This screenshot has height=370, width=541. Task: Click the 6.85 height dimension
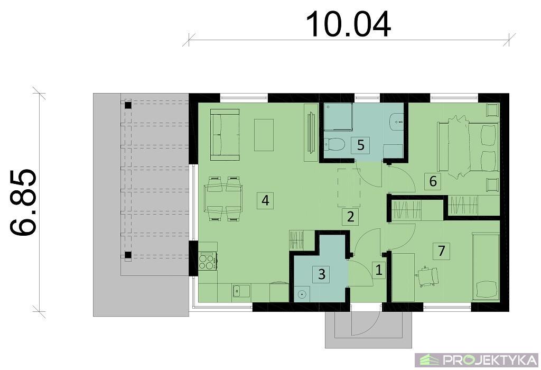[23, 202]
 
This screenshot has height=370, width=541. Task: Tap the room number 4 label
[265, 200]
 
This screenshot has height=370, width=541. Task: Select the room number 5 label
[360, 145]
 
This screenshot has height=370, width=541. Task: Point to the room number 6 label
[433, 181]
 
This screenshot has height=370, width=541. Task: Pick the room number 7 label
[442, 251]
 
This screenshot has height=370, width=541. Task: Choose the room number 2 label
[351, 217]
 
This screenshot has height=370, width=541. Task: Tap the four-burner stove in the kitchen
[207, 261]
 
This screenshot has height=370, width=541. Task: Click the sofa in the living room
[225, 135]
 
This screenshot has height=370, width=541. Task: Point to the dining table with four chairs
[223, 198]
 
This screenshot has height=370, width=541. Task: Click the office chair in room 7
[428, 276]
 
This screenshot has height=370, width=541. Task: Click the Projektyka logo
[478, 360]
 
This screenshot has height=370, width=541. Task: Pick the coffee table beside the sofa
[264, 135]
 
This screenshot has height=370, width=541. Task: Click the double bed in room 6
[468, 147]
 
